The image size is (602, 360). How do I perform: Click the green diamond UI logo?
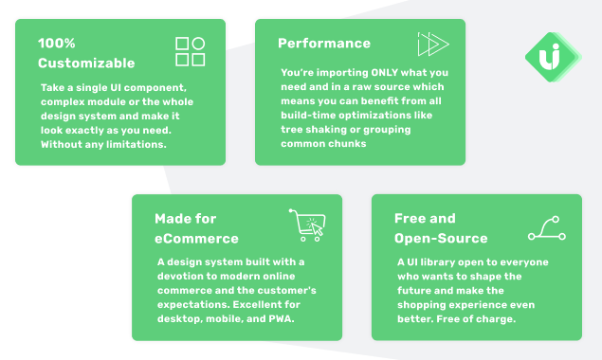click(554, 57)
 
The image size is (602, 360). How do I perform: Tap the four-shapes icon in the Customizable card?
click(190, 51)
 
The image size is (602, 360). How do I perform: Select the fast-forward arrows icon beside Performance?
click(433, 45)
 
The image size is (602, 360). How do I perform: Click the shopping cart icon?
click(307, 225)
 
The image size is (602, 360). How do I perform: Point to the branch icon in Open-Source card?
click(547, 228)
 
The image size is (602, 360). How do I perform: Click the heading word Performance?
click(324, 44)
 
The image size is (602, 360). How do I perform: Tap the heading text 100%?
click(57, 43)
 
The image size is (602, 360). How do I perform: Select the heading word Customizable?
click(86, 63)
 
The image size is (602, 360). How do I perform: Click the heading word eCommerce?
click(196, 239)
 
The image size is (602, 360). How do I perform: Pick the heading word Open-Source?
click(441, 239)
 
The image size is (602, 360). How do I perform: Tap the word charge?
click(499, 319)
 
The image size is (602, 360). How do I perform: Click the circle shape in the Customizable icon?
click(198, 44)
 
